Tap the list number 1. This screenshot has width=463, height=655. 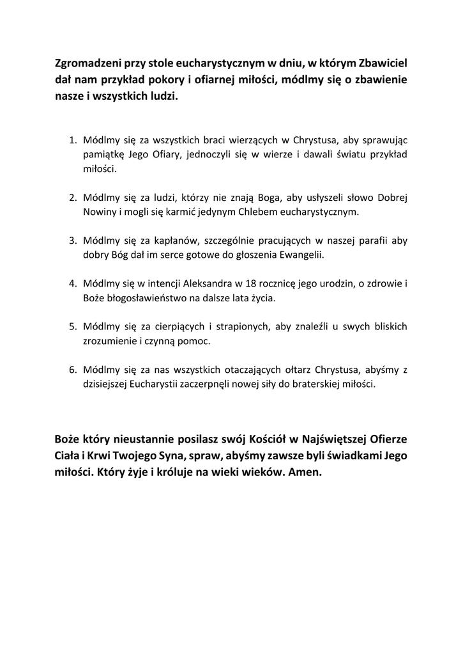point(72,140)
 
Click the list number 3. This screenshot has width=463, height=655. point(72,241)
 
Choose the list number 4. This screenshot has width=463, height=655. point(72,283)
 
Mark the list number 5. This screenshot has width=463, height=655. point(72,327)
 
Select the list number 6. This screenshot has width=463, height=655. point(72,370)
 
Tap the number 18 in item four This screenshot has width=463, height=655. point(242,283)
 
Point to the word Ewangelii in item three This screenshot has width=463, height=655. point(303,255)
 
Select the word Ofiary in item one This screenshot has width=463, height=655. point(154,155)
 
